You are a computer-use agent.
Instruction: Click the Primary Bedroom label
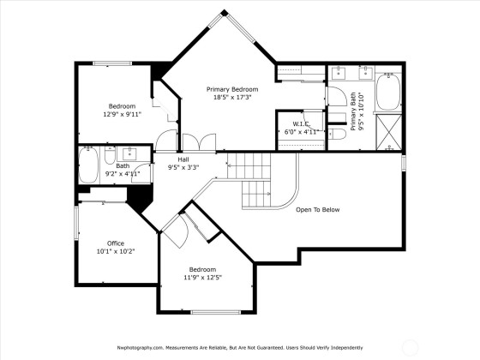point(232,89)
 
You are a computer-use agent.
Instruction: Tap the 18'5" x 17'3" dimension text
point(232,98)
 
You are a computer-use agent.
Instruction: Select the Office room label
point(116,243)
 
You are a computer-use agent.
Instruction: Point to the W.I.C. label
point(302,124)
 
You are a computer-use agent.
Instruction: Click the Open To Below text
point(318,210)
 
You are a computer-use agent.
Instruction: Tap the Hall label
point(183,159)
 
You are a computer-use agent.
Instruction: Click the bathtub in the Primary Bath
point(388,92)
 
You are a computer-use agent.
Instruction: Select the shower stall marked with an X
point(389,132)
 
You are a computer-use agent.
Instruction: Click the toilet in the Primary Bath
point(337,134)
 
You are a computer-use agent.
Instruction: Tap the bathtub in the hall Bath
point(89,165)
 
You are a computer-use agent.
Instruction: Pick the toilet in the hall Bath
point(110,155)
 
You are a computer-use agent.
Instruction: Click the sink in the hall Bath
point(129,153)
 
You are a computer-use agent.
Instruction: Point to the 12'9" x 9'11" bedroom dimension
point(122,115)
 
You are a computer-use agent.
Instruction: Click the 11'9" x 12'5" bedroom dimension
point(202,278)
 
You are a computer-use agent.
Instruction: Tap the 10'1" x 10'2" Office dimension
point(116,251)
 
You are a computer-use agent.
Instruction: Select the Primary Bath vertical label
point(357,111)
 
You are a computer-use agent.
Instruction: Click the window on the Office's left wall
point(76,223)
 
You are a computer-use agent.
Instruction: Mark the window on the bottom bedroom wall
point(216,312)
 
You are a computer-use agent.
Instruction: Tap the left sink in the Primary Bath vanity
point(339,73)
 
